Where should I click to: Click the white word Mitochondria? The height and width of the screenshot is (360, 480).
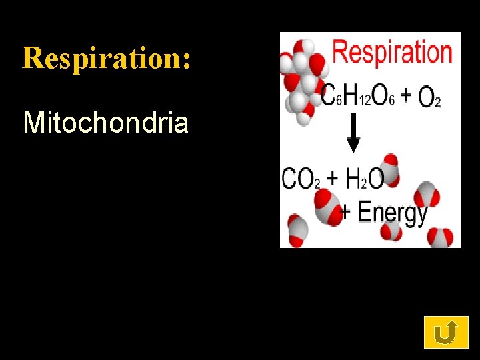[x=105, y=123]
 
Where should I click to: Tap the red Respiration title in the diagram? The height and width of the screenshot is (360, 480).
[x=392, y=51]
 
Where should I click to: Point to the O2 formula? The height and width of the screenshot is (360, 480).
[x=429, y=98]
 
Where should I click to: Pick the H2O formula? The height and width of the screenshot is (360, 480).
[x=366, y=179]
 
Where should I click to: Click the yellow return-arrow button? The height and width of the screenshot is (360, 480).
[x=446, y=332]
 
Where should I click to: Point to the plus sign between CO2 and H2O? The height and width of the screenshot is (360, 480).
[x=333, y=179]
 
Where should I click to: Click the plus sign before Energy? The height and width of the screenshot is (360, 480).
[x=347, y=212]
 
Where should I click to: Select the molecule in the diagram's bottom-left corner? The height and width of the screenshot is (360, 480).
[x=297, y=230]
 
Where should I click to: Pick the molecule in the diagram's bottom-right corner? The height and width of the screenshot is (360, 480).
[x=441, y=237]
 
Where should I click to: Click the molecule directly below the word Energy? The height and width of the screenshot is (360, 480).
[x=391, y=231]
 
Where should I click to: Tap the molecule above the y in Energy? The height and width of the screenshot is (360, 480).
[x=427, y=194]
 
